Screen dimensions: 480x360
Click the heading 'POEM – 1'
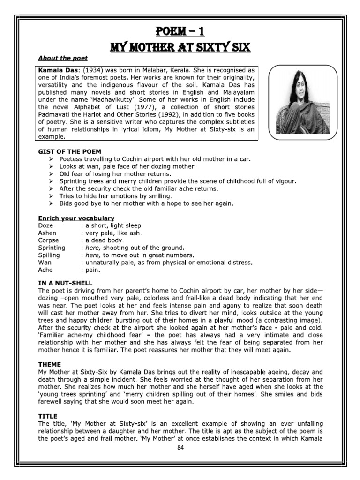180,32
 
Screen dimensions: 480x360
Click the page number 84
180,448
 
